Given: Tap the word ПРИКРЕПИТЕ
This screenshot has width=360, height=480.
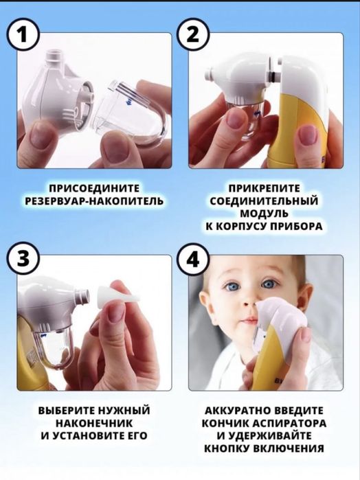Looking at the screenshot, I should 264,187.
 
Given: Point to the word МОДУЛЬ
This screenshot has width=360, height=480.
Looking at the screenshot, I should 264,213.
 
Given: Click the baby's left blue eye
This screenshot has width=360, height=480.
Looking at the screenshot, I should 269,284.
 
